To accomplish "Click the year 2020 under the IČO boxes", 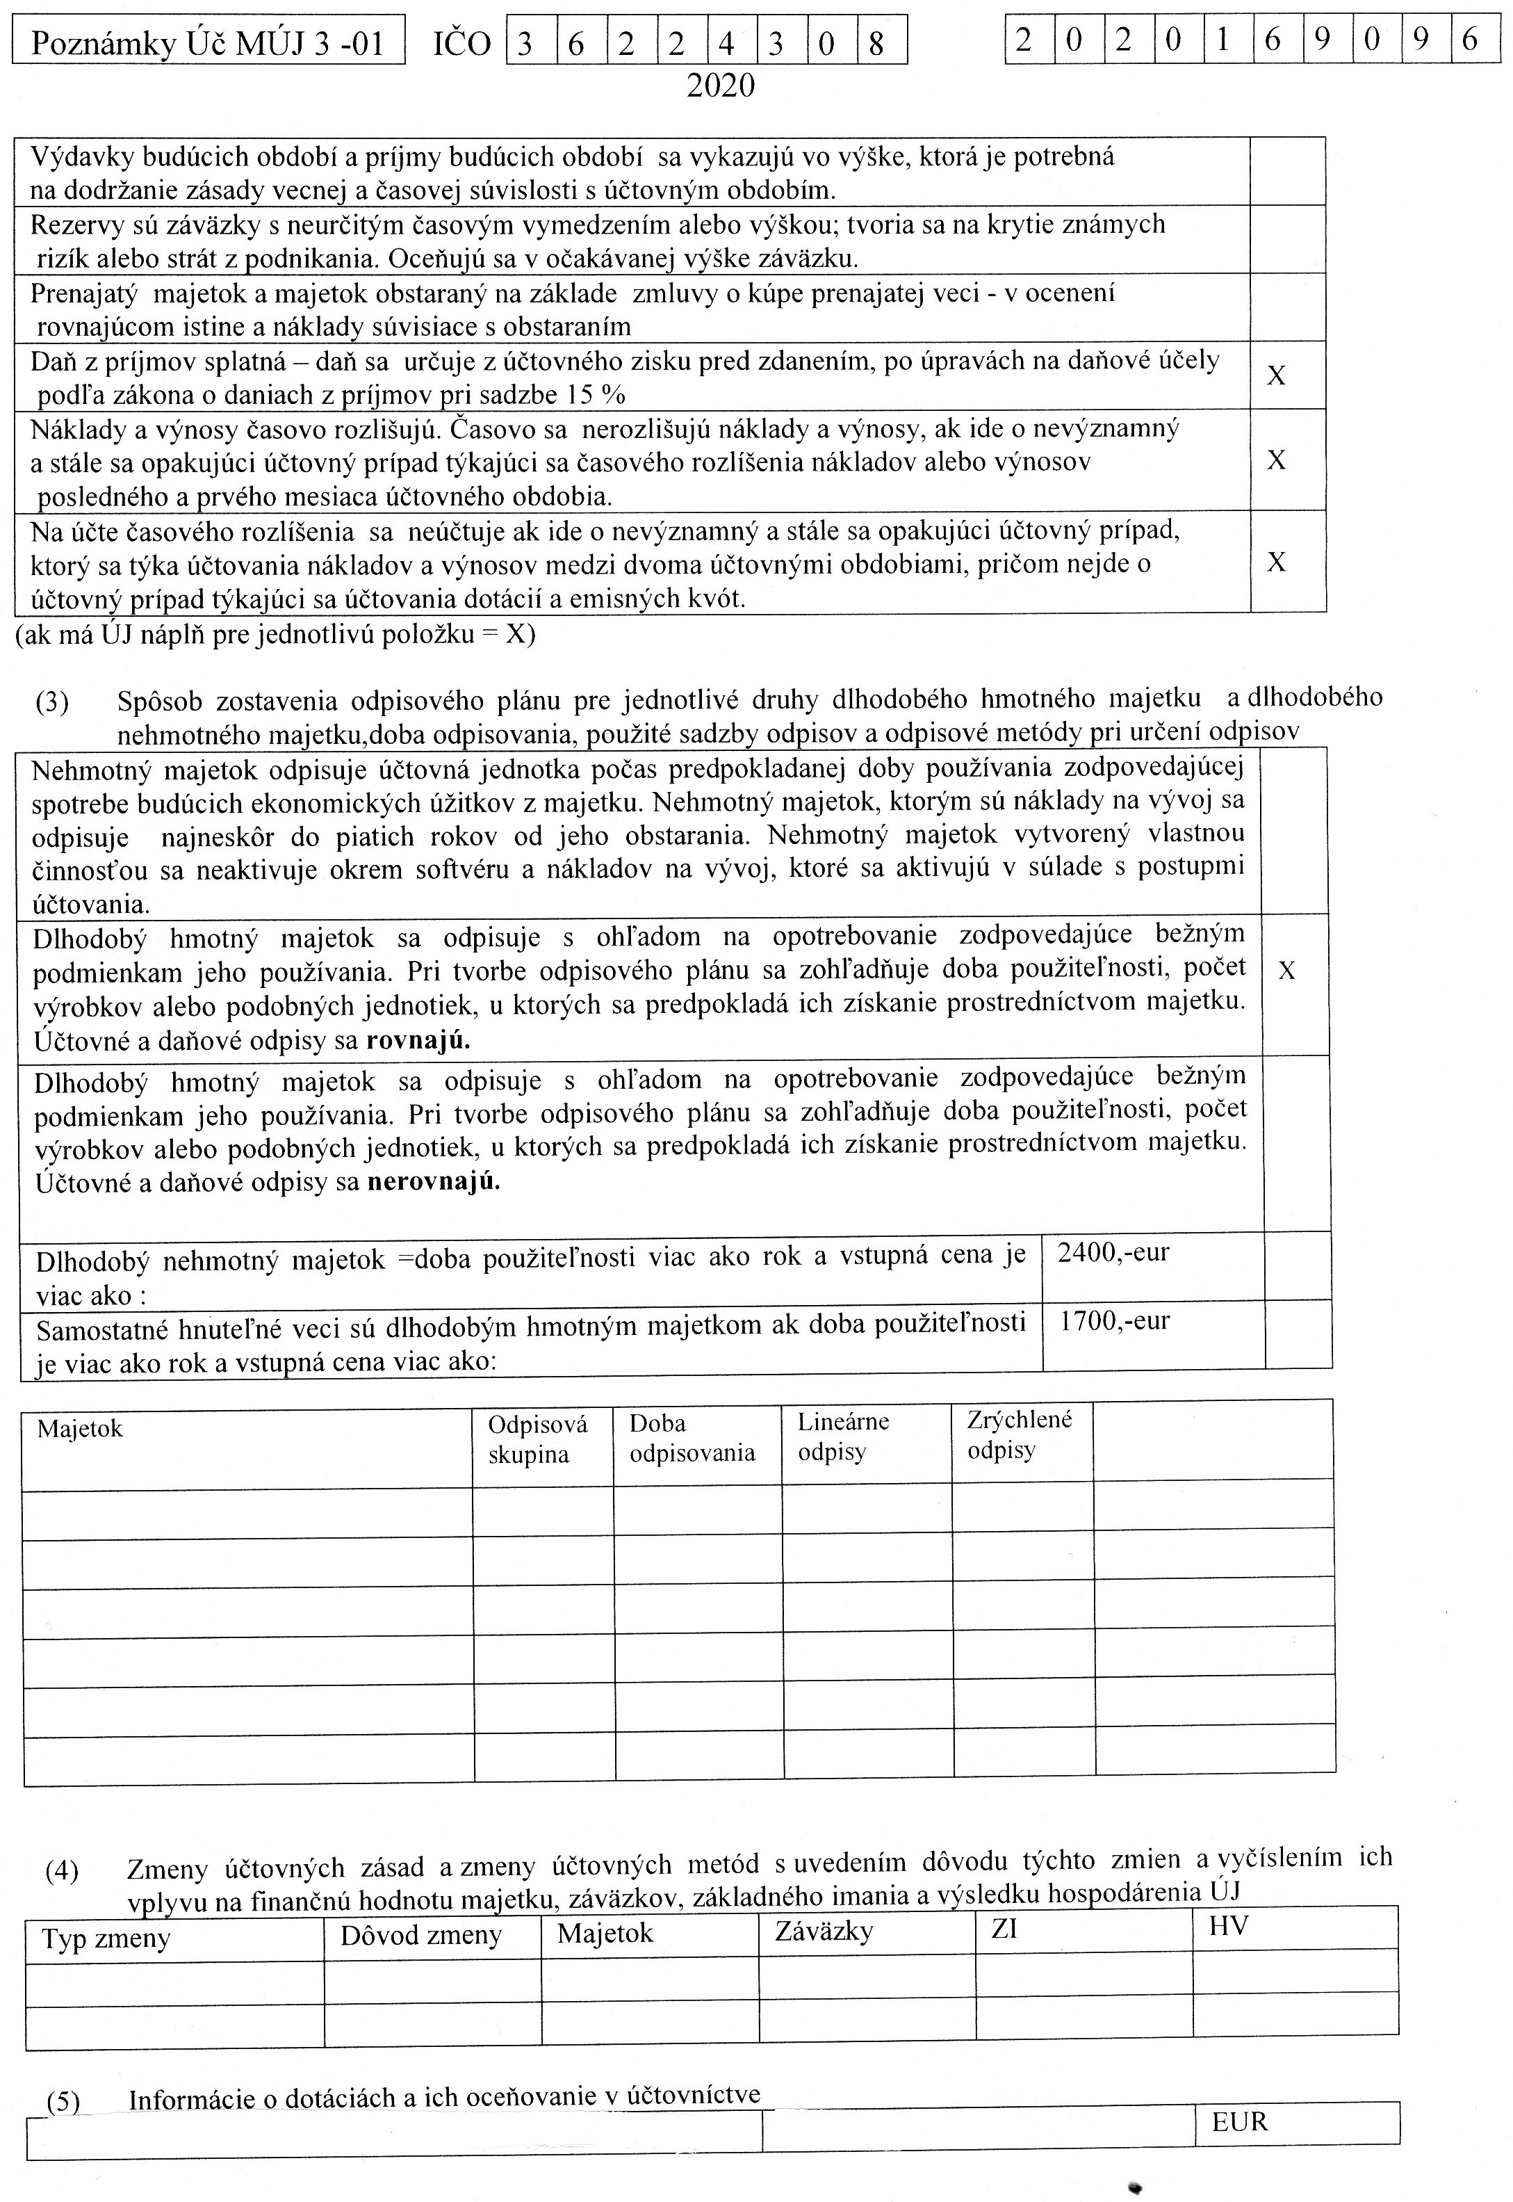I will [721, 86].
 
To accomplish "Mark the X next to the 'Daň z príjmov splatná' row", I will [1276, 376].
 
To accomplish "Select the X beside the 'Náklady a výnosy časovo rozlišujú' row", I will [1276, 461].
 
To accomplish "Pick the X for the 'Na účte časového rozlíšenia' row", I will [1276, 562].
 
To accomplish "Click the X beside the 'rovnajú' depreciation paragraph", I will [1286, 970].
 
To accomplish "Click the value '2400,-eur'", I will [1113, 1253].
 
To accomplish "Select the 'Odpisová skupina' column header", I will [537, 1439].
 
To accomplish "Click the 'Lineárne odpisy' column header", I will [843, 1436].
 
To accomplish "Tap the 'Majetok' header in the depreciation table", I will [80, 1428].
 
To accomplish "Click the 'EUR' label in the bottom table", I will [1239, 2121].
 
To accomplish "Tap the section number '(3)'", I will [52, 703].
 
